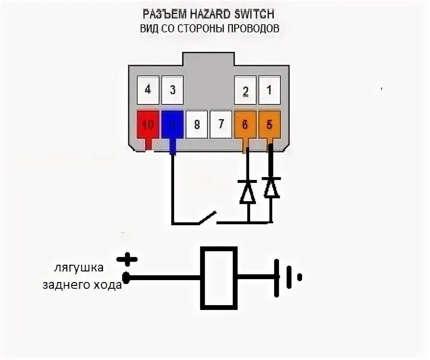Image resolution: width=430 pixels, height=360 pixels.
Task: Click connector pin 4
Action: (148, 90)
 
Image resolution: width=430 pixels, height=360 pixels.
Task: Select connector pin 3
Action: (172, 90)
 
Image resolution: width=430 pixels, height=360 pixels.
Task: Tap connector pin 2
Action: (245, 90)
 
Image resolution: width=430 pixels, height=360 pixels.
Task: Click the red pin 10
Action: (148, 125)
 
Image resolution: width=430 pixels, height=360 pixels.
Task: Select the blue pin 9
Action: (172, 125)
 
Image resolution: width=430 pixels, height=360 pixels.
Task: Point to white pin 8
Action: (197, 125)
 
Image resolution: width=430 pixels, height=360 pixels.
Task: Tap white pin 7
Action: (221, 124)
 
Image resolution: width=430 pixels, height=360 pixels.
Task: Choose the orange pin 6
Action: (245, 125)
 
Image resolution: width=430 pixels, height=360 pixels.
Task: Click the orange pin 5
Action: (270, 125)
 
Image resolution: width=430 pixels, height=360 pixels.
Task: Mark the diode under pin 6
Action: (248, 191)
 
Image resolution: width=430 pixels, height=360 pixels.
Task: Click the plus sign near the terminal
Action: (127, 260)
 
